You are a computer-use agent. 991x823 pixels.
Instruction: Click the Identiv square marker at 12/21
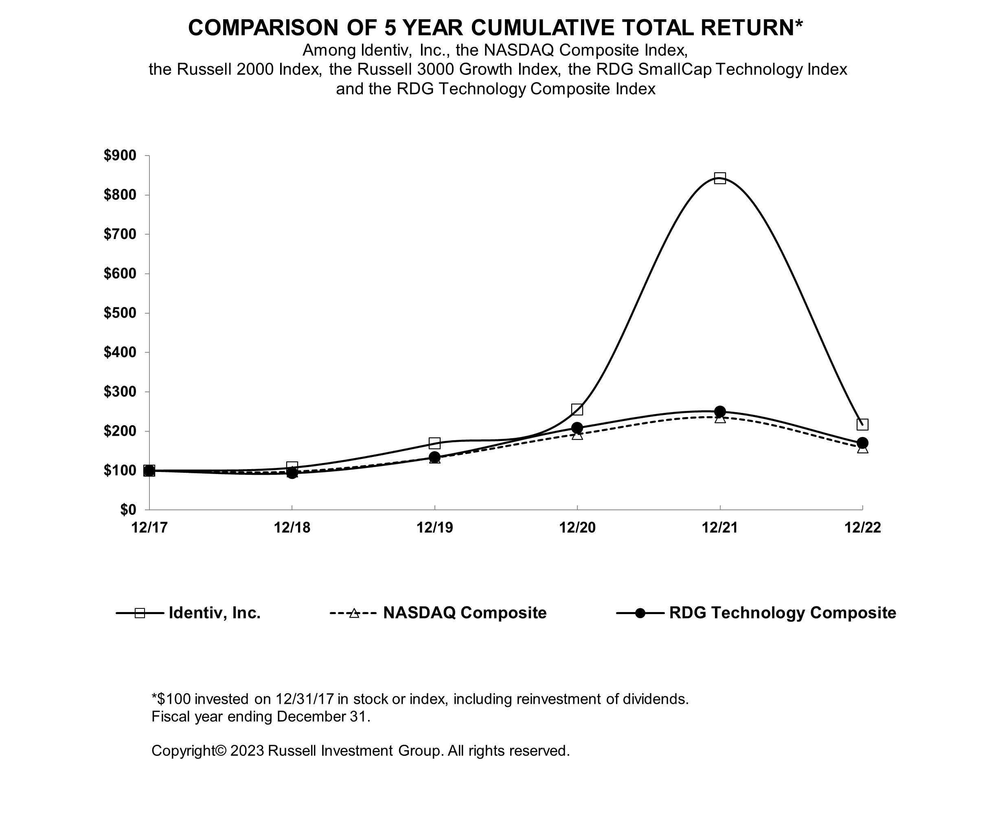pyautogui.click(x=720, y=178)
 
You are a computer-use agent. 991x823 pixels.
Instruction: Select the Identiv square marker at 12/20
pyautogui.click(x=577, y=409)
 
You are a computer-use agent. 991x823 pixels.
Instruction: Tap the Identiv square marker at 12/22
pyautogui.click(x=862, y=424)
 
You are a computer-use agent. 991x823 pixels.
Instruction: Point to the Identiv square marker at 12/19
pyautogui.click(x=434, y=443)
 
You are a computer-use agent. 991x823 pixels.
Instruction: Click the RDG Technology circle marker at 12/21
pyautogui.click(x=720, y=411)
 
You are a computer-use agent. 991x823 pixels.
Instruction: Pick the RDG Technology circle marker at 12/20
pyautogui.click(x=577, y=428)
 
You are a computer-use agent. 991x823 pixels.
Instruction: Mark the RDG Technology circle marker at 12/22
pyautogui.click(x=862, y=443)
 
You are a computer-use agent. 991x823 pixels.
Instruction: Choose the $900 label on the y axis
pyautogui.click(x=120, y=155)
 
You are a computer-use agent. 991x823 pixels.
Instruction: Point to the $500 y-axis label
pyautogui.click(x=120, y=313)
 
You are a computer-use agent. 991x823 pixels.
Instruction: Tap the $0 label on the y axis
pyautogui.click(x=128, y=510)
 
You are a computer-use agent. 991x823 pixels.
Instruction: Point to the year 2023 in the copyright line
pyautogui.click(x=247, y=751)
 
